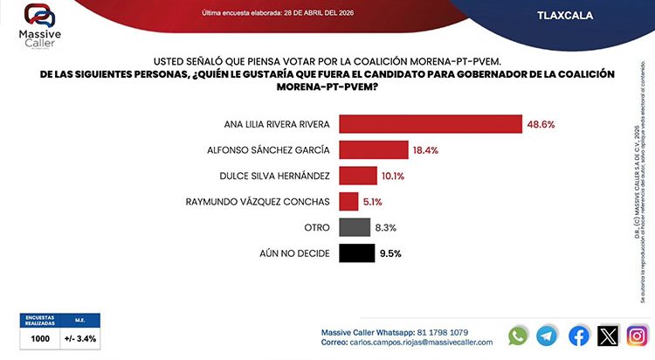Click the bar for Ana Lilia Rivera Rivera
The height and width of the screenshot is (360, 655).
(430, 123)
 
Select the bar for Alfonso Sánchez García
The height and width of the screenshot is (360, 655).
(373, 149)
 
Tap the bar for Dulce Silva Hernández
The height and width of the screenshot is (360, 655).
(357, 176)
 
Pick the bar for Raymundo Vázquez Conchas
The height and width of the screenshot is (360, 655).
(348, 202)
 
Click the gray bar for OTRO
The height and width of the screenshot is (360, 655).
(354, 228)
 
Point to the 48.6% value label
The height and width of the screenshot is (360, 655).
(541, 124)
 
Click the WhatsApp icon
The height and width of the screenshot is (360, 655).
(519, 336)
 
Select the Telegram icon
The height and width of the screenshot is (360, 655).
(548, 336)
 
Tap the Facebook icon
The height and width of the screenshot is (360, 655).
(579, 336)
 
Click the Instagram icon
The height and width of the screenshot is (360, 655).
(638, 336)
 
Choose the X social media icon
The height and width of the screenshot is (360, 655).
(608, 336)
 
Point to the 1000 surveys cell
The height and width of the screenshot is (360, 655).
(39, 337)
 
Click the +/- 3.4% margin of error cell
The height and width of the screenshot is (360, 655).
(79, 337)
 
